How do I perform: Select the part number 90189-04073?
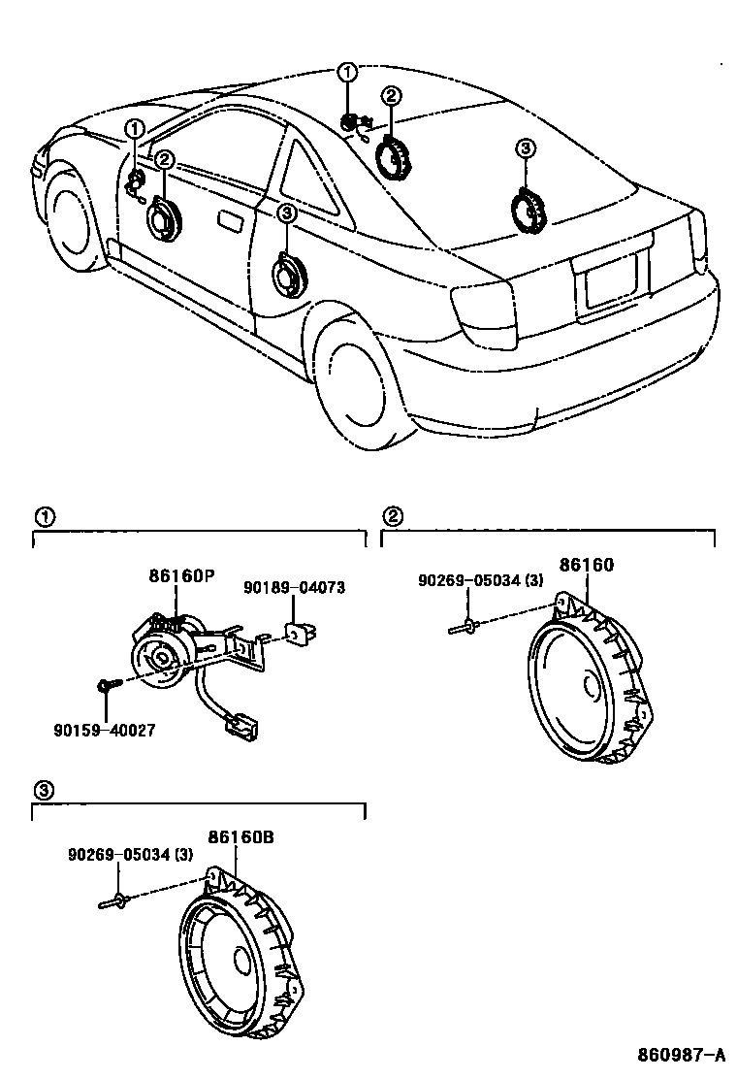coord(294,588)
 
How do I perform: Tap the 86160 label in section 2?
coord(587,564)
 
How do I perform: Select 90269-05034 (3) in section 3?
coord(130,855)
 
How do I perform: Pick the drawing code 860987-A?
coord(681,1055)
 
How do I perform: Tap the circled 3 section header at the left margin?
coord(42,789)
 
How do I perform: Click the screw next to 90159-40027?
coord(107,688)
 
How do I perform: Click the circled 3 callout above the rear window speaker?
coord(524,147)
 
